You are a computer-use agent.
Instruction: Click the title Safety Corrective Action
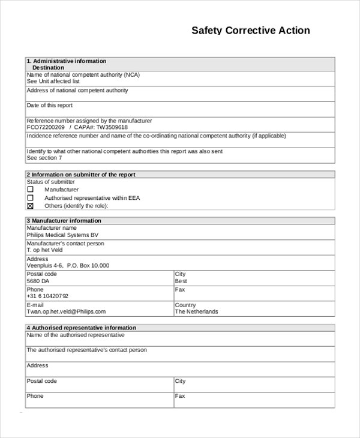tap(250, 31)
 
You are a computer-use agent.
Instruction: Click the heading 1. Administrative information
tap(67, 61)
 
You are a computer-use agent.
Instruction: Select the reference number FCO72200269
tap(46, 128)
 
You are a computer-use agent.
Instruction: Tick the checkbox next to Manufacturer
tap(31, 190)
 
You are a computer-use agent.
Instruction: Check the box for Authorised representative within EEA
tap(31, 198)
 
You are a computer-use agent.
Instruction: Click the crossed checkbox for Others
tap(31, 206)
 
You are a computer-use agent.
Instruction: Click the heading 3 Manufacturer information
tap(64, 221)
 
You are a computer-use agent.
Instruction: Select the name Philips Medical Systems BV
tap(62, 236)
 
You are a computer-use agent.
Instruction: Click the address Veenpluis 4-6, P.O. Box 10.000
tap(68, 266)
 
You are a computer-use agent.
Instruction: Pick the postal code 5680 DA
tap(38, 281)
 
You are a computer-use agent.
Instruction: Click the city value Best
tap(181, 281)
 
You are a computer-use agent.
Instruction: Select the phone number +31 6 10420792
tap(48, 296)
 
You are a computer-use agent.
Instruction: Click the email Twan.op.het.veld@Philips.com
tap(66, 312)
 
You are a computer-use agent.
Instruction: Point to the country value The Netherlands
tap(196, 312)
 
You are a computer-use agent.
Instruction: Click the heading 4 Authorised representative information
tap(81, 328)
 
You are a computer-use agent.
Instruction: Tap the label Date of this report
tap(50, 106)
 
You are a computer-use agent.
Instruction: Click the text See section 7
tap(44, 158)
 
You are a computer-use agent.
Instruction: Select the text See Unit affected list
tap(53, 82)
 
